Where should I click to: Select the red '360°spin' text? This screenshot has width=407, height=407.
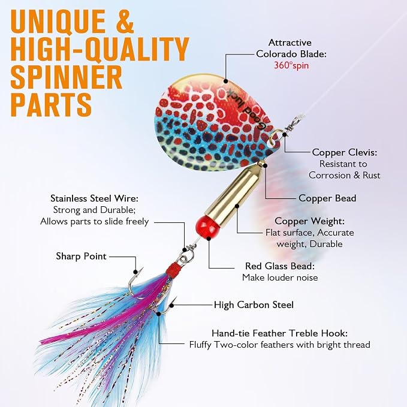pyautogui.click(x=291, y=65)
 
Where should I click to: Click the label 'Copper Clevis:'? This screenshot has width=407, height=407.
pyautogui.click(x=344, y=152)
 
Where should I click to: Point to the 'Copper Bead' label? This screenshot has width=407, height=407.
pyautogui.click(x=327, y=198)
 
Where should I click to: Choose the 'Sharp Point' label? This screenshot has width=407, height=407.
pyautogui.click(x=82, y=256)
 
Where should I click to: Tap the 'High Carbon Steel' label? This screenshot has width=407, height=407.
pyautogui.click(x=254, y=305)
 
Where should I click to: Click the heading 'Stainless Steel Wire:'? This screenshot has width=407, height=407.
pyautogui.click(x=95, y=198)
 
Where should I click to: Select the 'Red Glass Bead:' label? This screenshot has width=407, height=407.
pyautogui.click(x=280, y=266)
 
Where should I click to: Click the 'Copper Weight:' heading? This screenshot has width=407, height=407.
pyautogui.click(x=310, y=221)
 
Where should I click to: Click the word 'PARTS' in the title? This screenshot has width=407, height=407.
pyautogui.click(x=51, y=104)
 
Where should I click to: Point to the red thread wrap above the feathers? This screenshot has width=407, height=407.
pyautogui.click(x=173, y=269)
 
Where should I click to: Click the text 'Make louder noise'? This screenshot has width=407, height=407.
pyautogui.click(x=280, y=278)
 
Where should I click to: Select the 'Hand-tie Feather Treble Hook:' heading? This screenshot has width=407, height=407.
pyautogui.click(x=279, y=333)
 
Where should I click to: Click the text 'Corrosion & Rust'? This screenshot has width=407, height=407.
pyautogui.click(x=344, y=175)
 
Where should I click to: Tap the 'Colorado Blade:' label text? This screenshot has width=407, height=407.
pyautogui.click(x=291, y=54)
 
